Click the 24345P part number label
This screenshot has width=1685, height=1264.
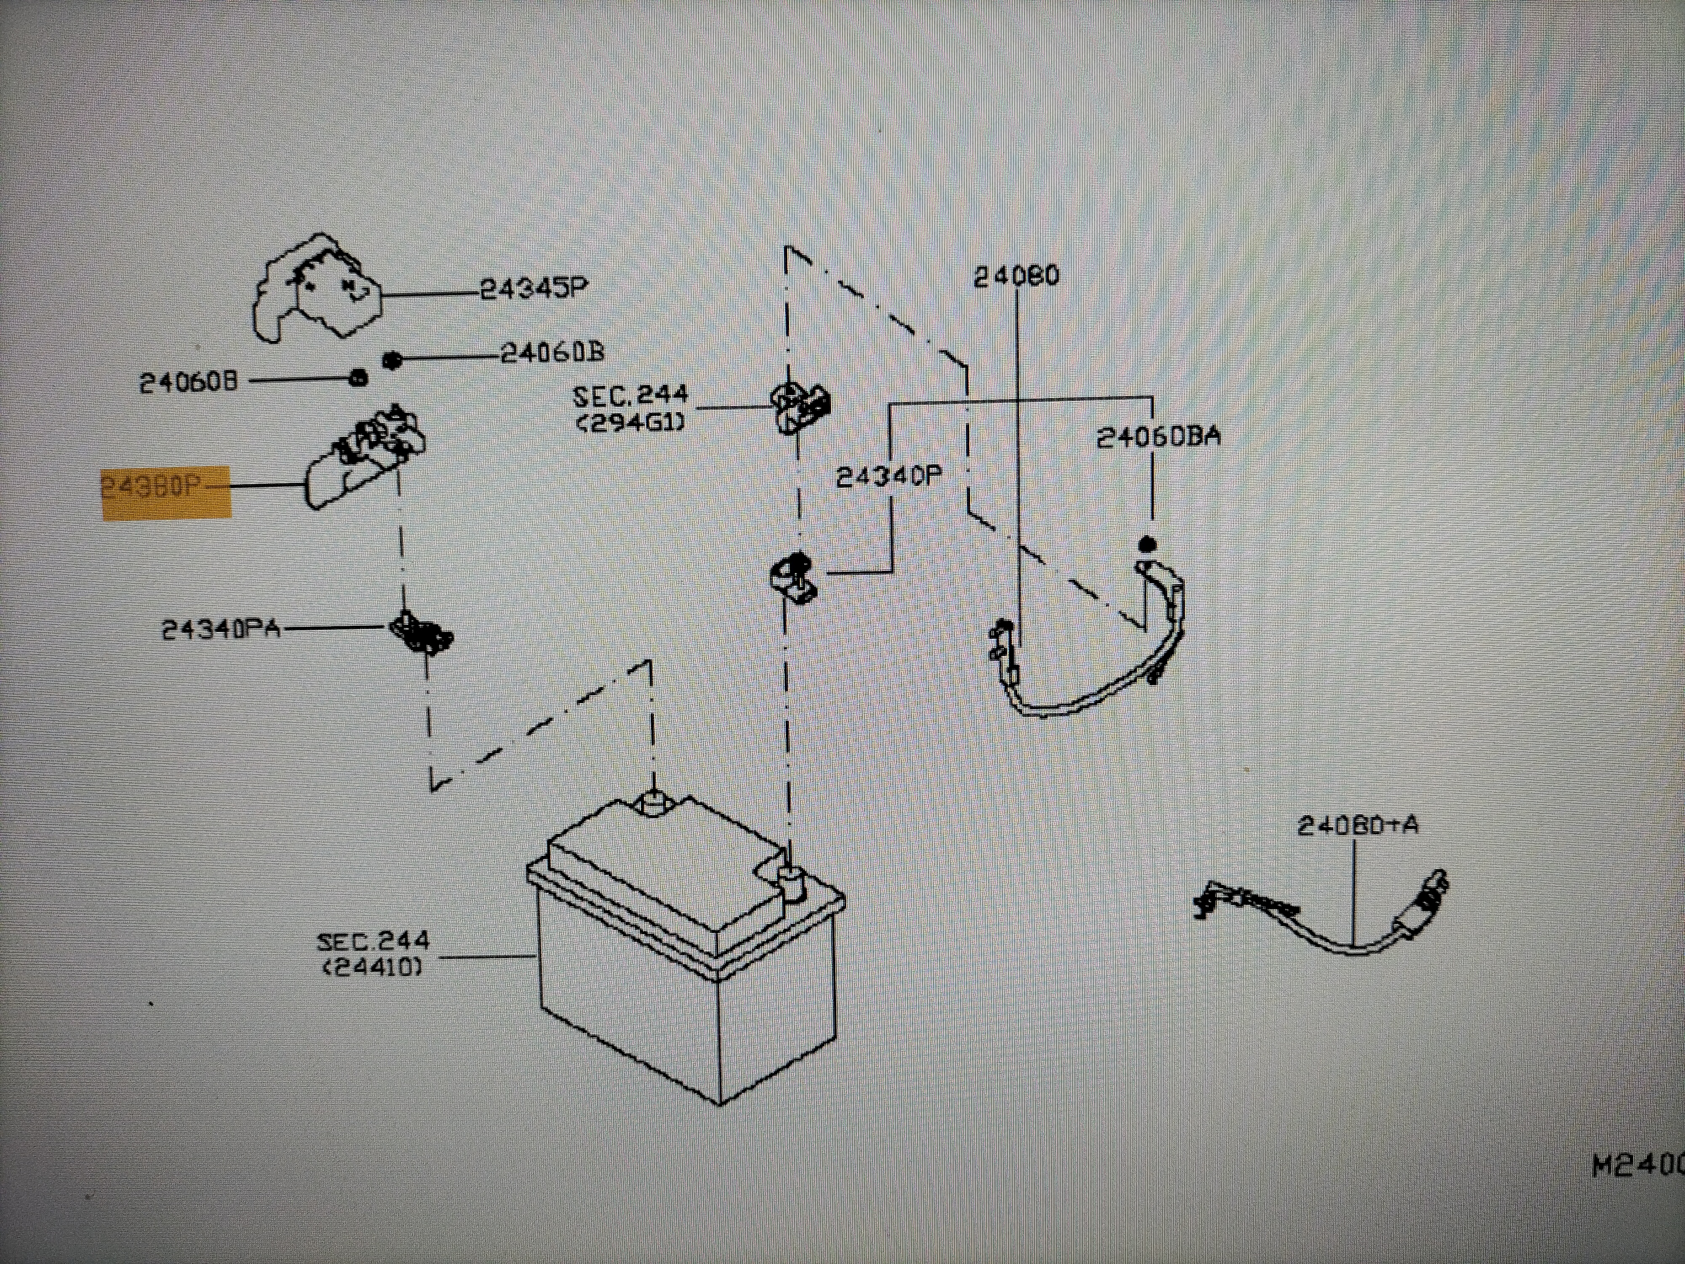(533, 289)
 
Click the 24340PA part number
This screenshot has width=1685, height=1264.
(221, 629)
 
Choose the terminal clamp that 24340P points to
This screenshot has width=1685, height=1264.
(793, 578)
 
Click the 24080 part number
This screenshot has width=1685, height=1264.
(1016, 276)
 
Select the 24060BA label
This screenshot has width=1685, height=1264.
(1158, 437)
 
